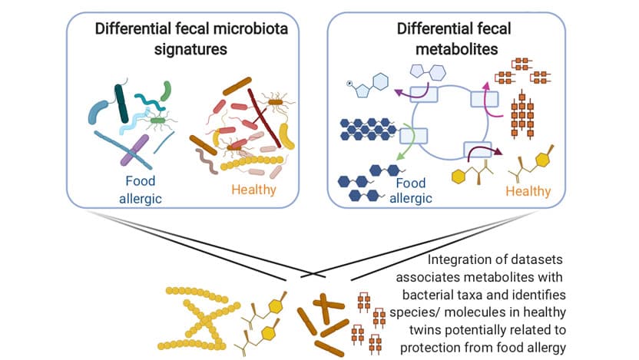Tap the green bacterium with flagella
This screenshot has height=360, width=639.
(x=158, y=120)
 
